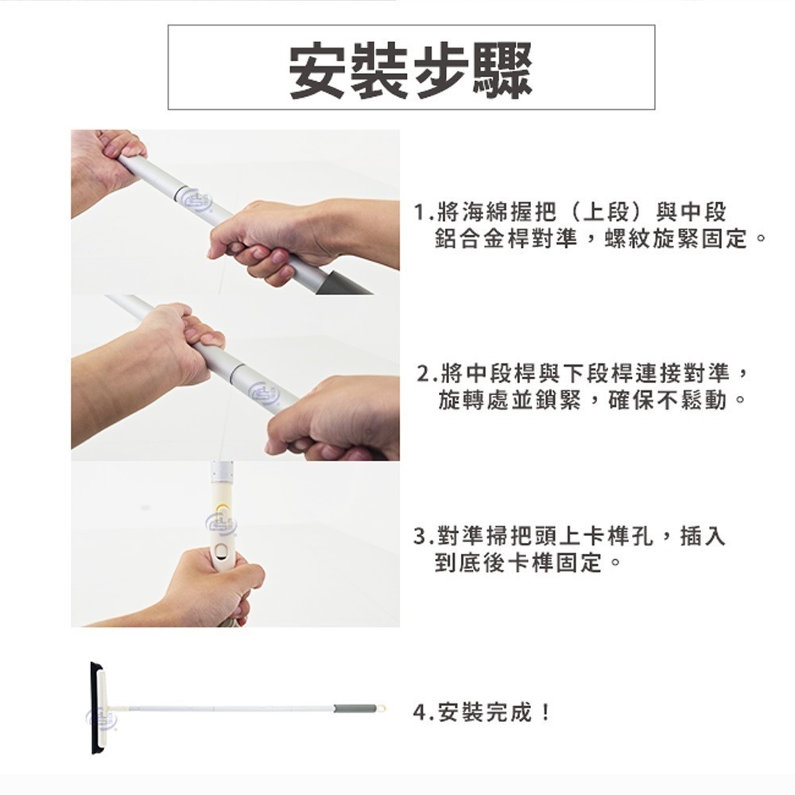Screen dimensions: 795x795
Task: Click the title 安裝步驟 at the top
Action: tap(410, 69)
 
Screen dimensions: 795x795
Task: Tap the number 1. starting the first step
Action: tap(425, 213)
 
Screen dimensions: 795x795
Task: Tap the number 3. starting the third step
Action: tap(425, 537)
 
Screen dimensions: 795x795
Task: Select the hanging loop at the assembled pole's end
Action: tap(380, 708)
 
